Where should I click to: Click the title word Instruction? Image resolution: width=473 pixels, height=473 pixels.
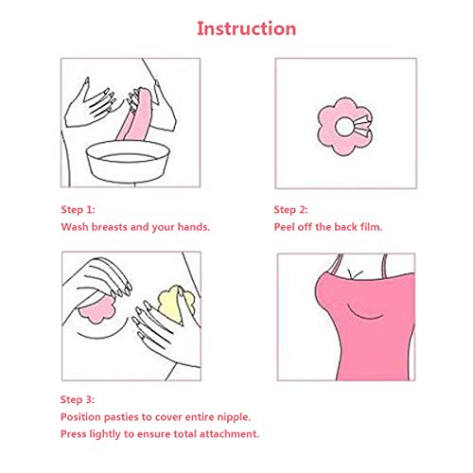click(x=246, y=27)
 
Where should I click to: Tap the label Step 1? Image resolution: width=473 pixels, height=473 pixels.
click(x=79, y=209)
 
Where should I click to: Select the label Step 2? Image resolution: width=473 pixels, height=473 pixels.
click(x=291, y=209)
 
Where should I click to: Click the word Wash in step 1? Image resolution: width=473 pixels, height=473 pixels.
click(x=77, y=228)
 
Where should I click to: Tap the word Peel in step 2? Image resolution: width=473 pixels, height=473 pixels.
click(x=288, y=228)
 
